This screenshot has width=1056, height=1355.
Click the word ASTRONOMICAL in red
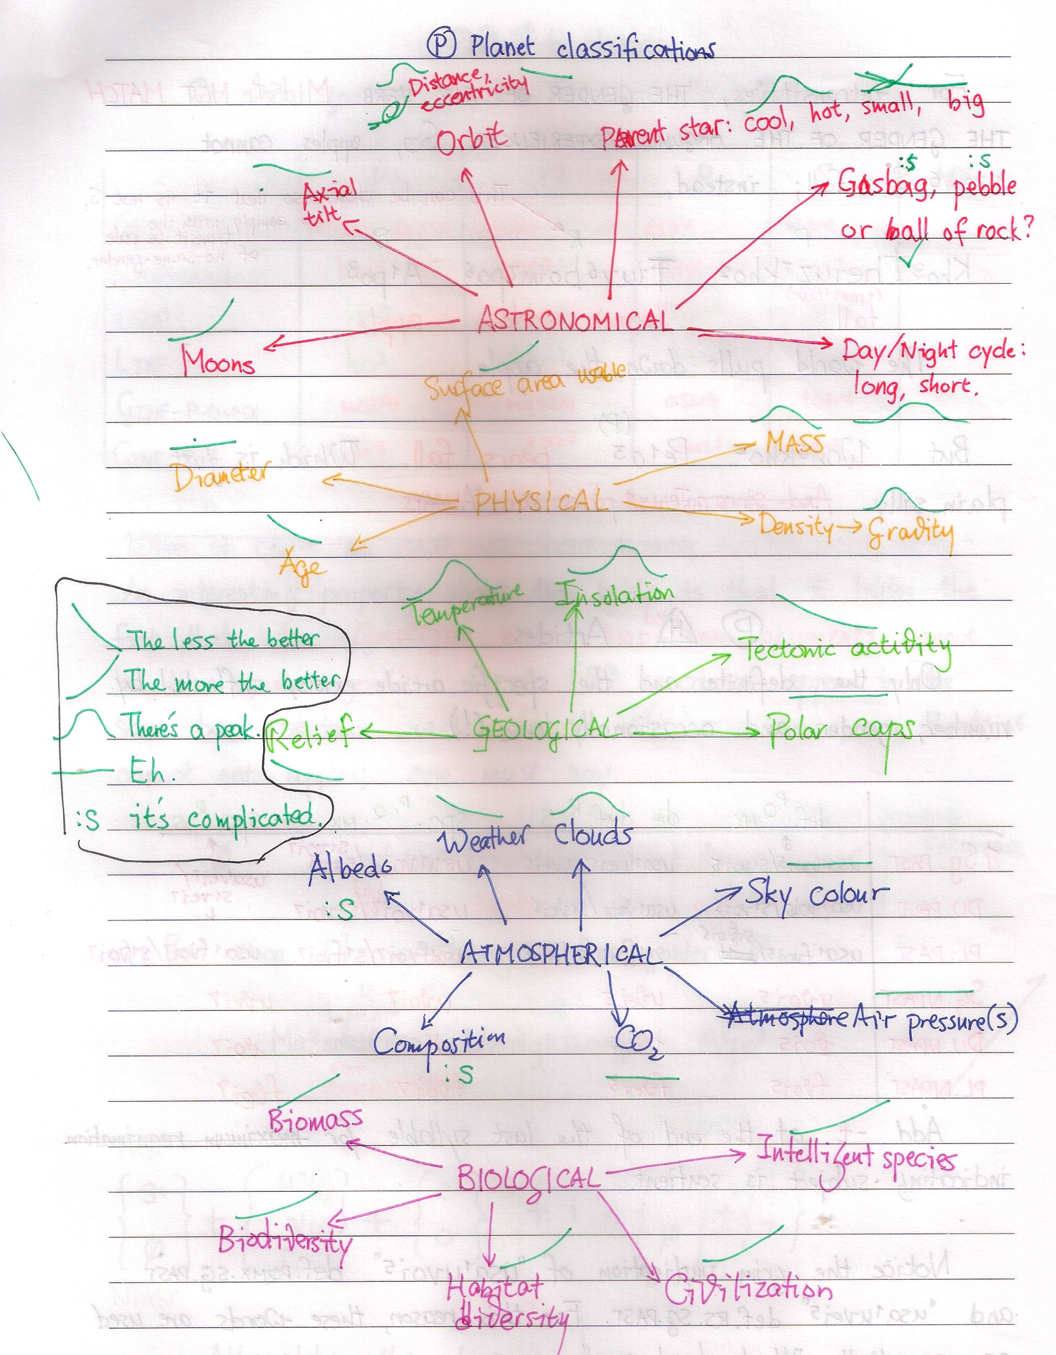[x=575, y=320]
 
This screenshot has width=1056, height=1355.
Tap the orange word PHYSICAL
[x=539, y=501]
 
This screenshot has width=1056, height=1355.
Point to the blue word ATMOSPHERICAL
[x=558, y=954]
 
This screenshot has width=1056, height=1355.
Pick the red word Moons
[x=218, y=362]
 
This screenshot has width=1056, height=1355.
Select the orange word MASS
[x=795, y=443]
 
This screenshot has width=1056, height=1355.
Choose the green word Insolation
[x=614, y=594]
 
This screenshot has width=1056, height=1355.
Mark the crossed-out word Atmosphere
[x=786, y=1016]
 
